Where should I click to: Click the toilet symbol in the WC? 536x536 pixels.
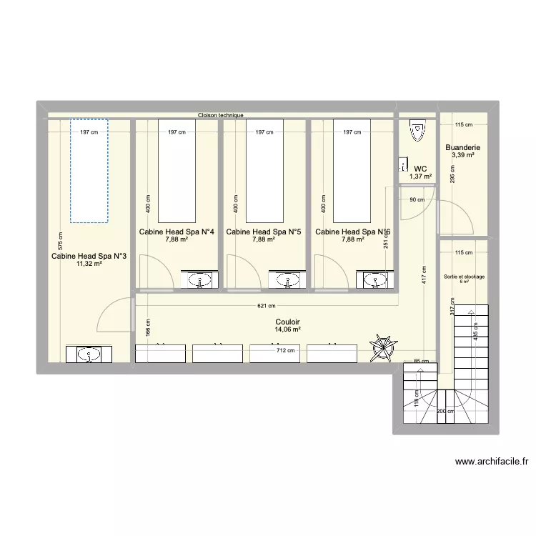click(417, 130)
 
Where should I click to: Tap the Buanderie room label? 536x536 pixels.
click(462, 148)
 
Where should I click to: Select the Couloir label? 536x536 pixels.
click(287, 322)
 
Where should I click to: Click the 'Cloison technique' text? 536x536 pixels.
click(221, 115)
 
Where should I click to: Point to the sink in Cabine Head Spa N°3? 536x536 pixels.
click(89, 353)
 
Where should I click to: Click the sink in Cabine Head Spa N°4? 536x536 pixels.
click(199, 280)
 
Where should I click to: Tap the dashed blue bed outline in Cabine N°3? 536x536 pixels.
click(89, 169)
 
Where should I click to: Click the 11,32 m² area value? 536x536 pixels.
click(89, 264)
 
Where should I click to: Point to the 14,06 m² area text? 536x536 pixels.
click(287, 329)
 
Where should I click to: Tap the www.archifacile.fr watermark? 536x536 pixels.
click(491, 462)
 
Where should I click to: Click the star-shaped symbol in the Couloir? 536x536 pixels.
click(384, 348)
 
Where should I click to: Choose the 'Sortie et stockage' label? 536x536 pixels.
click(464, 276)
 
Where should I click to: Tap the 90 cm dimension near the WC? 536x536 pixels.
click(417, 200)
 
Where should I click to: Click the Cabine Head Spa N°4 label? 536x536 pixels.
click(177, 232)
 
